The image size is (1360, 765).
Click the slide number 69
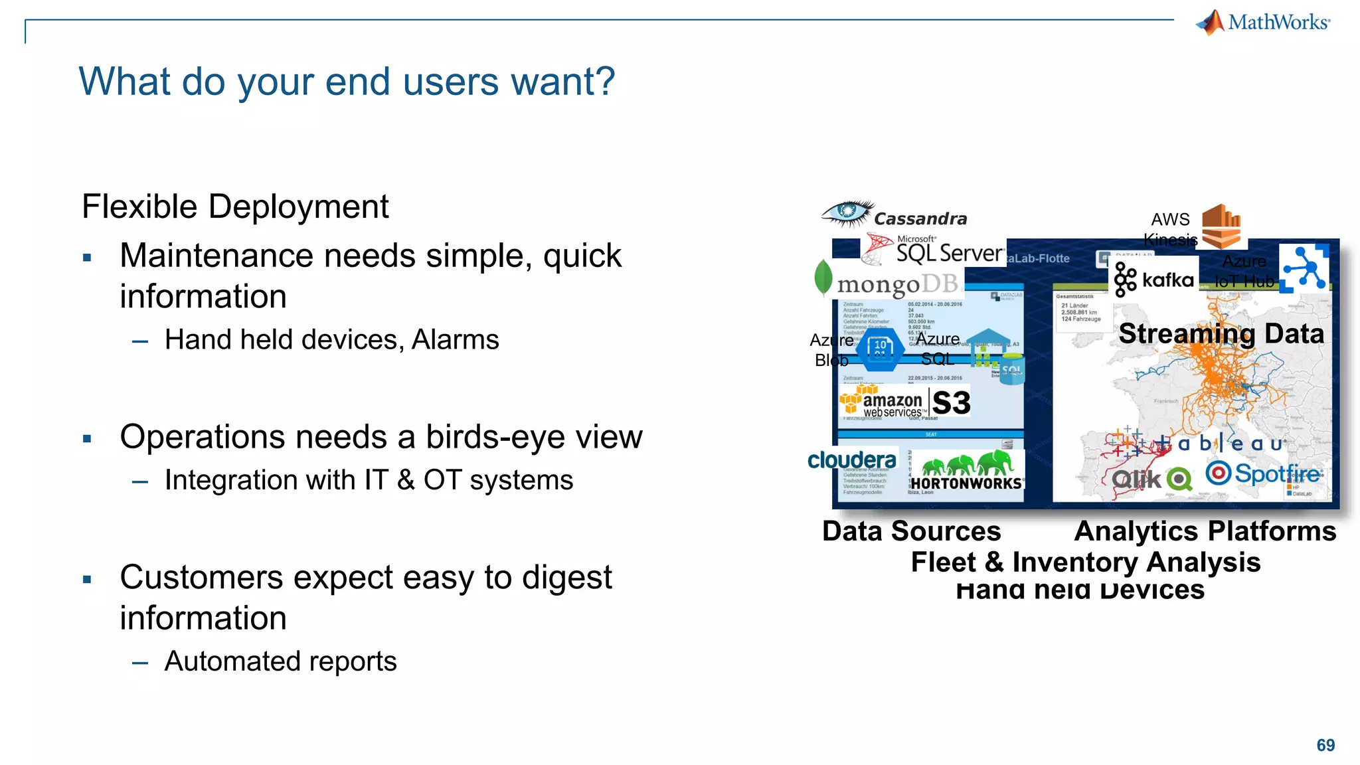(1325, 745)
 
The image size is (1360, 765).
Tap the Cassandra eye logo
(847, 213)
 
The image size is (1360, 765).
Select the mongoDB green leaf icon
(823, 277)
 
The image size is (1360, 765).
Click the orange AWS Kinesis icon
(1221, 225)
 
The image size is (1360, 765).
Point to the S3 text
(951, 403)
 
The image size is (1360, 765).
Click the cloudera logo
(852, 460)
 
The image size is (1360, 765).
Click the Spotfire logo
(1264, 474)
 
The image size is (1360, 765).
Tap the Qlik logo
(1151, 479)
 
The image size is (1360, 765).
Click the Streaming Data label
(1221, 333)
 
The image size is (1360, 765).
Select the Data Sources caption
(911, 531)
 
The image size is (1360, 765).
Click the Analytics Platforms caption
(1205, 531)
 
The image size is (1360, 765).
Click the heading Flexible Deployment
(235, 207)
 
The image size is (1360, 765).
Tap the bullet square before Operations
(87, 438)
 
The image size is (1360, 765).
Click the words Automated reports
(280, 661)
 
